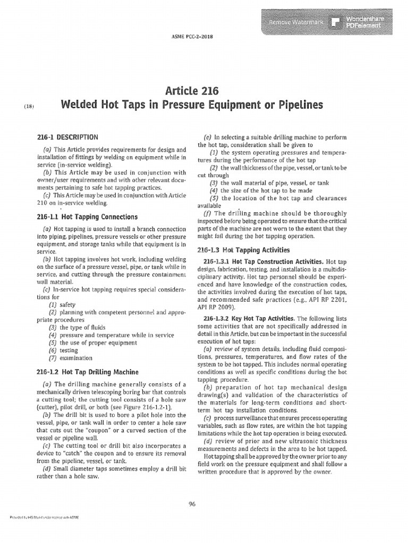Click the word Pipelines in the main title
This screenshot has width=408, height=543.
click(295, 106)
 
